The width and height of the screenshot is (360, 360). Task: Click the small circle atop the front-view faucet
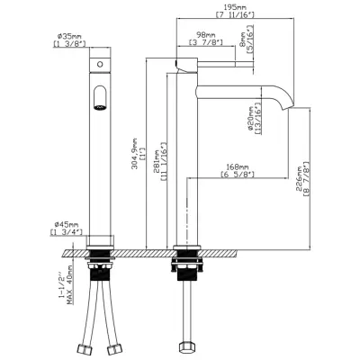click(100, 67)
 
